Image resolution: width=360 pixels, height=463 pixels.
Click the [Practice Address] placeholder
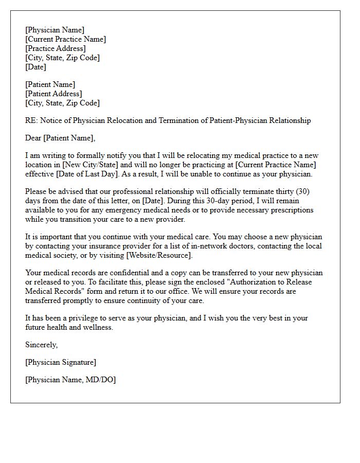coord(56,48)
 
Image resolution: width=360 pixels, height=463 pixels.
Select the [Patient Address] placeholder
coord(53,94)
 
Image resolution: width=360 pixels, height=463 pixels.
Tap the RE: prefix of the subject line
coord(31,120)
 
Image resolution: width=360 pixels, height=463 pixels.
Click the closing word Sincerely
coord(42,345)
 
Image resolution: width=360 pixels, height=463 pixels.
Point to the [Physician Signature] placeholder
coord(61,362)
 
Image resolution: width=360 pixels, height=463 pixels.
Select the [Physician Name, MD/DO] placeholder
coord(70,380)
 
